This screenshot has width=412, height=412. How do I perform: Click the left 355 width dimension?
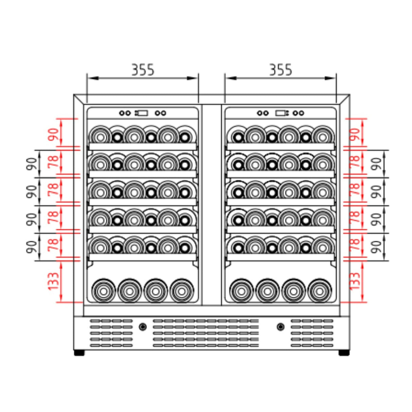click(x=143, y=70)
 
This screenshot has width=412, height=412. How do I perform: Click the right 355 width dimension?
click(x=280, y=70)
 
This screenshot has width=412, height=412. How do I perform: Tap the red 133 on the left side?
click(x=54, y=281)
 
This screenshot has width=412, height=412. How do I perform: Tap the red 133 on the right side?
click(x=354, y=281)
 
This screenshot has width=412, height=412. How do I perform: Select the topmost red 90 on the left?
click(x=54, y=135)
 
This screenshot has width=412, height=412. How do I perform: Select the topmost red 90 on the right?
click(x=354, y=135)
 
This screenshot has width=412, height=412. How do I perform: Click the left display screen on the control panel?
click(x=142, y=113)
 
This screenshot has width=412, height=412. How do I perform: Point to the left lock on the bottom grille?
click(x=143, y=327)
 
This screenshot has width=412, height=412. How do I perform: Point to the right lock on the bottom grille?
click(x=280, y=327)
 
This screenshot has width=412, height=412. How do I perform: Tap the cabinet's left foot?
click(x=79, y=353)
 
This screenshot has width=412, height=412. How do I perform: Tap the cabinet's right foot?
click(x=344, y=353)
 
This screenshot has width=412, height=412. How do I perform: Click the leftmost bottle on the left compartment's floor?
click(x=103, y=291)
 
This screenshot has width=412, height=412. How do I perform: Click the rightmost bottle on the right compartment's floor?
click(x=319, y=291)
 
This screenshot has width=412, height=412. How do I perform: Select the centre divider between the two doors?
click(x=212, y=204)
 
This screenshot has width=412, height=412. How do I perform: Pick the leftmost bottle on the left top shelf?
click(x=100, y=137)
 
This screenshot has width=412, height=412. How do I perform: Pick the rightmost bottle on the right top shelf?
click(x=323, y=137)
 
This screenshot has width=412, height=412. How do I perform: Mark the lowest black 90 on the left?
click(x=31, y=247)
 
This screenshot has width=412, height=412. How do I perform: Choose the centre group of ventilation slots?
click(x=206, y=333)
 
